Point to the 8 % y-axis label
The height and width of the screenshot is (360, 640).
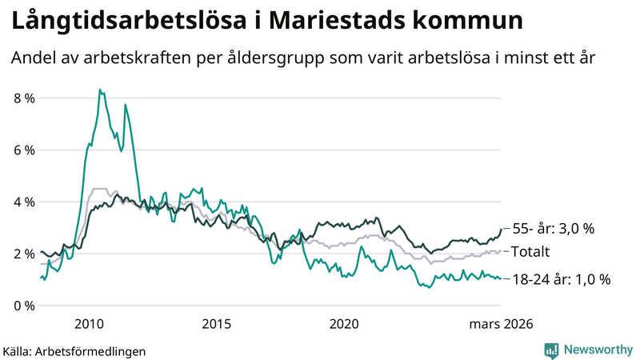(24, 98)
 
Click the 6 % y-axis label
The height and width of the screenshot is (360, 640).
(24, 150)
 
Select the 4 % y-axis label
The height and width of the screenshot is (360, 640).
(24, 202)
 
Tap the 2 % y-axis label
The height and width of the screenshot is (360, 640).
(24, 254)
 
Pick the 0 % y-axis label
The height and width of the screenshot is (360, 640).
(24, 306)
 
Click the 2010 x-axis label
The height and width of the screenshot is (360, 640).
(89, 324)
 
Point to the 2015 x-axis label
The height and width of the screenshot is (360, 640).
(217, 324)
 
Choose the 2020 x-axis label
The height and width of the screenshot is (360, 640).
(345, 324)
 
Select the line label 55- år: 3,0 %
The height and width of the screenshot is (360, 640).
(553, 229)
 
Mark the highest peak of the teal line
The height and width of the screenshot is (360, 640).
(99, 90)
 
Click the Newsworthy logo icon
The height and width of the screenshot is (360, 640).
(551, 350)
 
